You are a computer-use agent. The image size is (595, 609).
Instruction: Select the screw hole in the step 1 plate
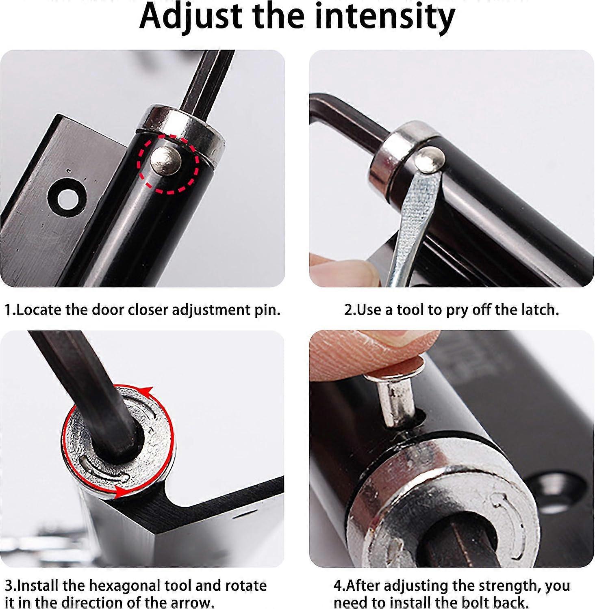67,198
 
